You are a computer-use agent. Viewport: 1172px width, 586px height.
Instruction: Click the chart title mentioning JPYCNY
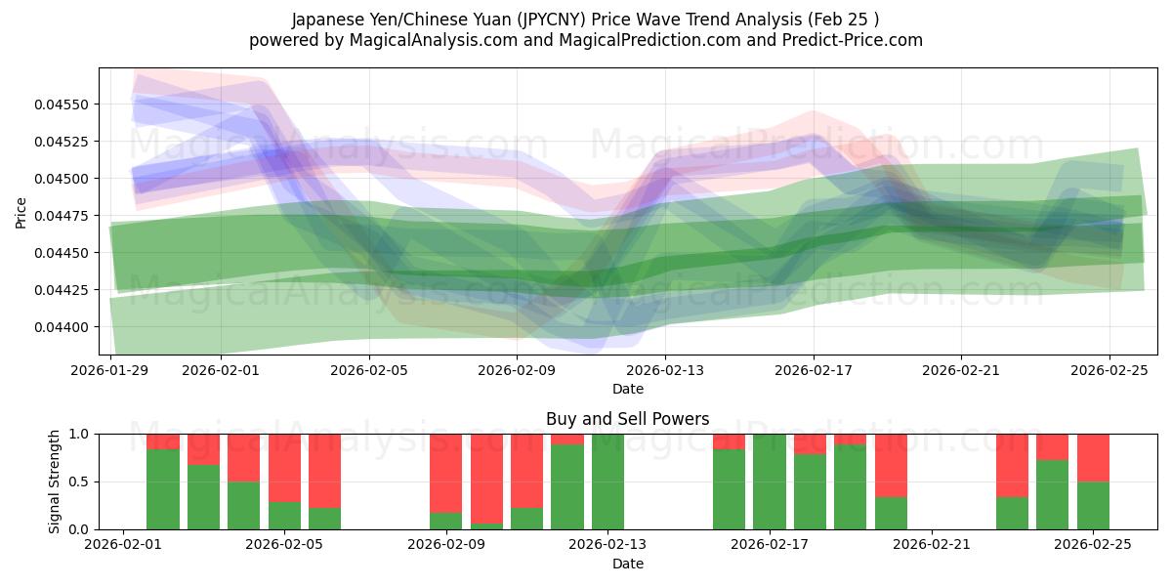[585, 20]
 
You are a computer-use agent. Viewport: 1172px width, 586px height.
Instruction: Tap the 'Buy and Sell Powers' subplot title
[627, 419]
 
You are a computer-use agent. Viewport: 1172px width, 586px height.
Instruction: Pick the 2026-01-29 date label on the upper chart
[110, 370]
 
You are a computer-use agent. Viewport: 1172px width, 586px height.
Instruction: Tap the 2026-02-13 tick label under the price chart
[665, 370]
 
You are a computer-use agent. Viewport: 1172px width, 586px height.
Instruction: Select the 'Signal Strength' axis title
[55, 481]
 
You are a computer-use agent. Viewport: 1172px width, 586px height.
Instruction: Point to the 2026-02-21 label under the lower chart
[932, 544]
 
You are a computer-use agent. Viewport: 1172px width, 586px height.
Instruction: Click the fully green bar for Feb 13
[607, 481]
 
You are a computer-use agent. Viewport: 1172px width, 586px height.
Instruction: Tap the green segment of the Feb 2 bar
[163, 489]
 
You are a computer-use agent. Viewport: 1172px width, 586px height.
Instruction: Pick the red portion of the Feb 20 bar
[891, 465]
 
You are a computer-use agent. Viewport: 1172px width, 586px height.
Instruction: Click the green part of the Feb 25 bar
[1093, 506]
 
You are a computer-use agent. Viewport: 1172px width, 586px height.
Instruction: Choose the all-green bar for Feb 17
[770, 481]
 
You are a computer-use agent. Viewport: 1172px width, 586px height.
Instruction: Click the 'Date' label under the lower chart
[627, 564]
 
